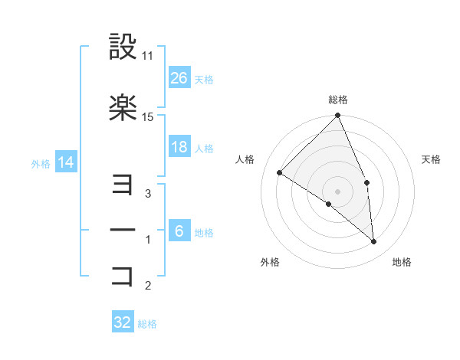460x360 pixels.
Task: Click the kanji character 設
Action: coord(123,47)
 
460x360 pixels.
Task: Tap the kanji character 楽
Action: coord(123,109)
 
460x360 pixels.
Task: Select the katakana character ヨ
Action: coord(123,184)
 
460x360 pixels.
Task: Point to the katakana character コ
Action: coord(123,276)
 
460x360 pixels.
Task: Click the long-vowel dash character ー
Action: coord(123,230)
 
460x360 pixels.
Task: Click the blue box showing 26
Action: coord(179,77)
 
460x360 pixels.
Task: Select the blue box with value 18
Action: coord(179,147)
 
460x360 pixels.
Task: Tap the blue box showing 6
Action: coord(179,231)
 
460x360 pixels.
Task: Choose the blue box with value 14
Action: coord(65,162)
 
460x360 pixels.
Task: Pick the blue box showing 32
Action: coord(123,322)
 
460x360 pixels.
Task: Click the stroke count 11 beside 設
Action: coord(148,56)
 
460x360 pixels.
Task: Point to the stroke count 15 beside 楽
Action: coord(148,117)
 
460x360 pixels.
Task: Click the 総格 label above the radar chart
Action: coord(338,100)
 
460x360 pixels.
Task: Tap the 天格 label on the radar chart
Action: coord(432,159)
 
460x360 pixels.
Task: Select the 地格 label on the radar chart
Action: coord(402,262)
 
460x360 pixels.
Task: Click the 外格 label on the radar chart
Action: coord(270,262)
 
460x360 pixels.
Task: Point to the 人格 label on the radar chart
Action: coord(245,159)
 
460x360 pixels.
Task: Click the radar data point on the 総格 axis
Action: coord(338,116)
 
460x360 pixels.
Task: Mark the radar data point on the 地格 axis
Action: coord(374,242)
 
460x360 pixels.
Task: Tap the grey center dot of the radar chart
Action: coord(337,190)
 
